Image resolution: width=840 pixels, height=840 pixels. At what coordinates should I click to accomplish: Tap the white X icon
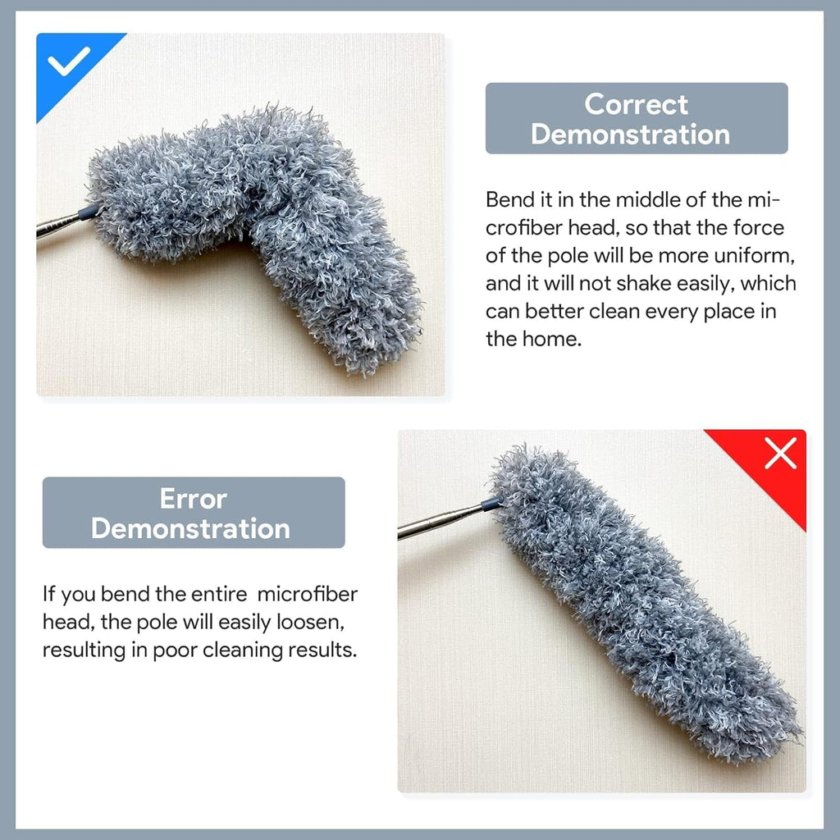(780, 453)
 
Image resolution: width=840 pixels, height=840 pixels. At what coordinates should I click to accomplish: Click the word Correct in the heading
(636, 104)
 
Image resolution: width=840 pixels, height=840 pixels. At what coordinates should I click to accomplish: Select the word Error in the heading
(193, 498)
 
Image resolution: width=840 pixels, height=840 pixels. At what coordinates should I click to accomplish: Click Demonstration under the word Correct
(630, 134)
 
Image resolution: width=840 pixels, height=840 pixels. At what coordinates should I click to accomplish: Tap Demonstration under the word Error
(190, 528)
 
